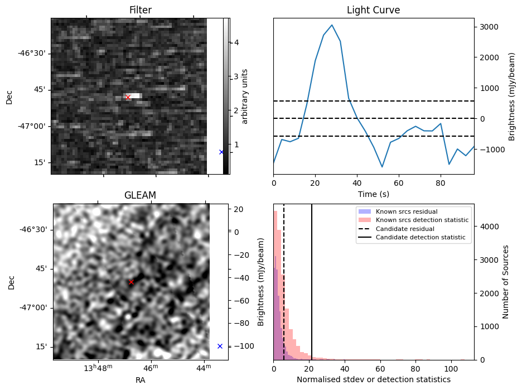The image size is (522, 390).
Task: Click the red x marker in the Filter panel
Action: pos(128,97)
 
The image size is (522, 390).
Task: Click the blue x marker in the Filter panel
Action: pos(221,152)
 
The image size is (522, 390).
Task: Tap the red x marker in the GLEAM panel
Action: pos(131,282)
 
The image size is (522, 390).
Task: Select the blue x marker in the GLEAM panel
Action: pos(220,346)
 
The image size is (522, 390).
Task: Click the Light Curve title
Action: pos(373,10)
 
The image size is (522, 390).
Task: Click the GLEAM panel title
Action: pos(140,195)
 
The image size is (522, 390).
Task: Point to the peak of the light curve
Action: pos(332,25)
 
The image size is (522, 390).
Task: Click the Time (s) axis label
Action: pos(373,194)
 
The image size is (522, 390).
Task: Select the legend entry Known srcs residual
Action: pos(406,212)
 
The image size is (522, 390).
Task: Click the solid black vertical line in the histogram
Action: pos(312,279)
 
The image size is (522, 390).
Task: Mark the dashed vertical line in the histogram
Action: pos(284,279)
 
